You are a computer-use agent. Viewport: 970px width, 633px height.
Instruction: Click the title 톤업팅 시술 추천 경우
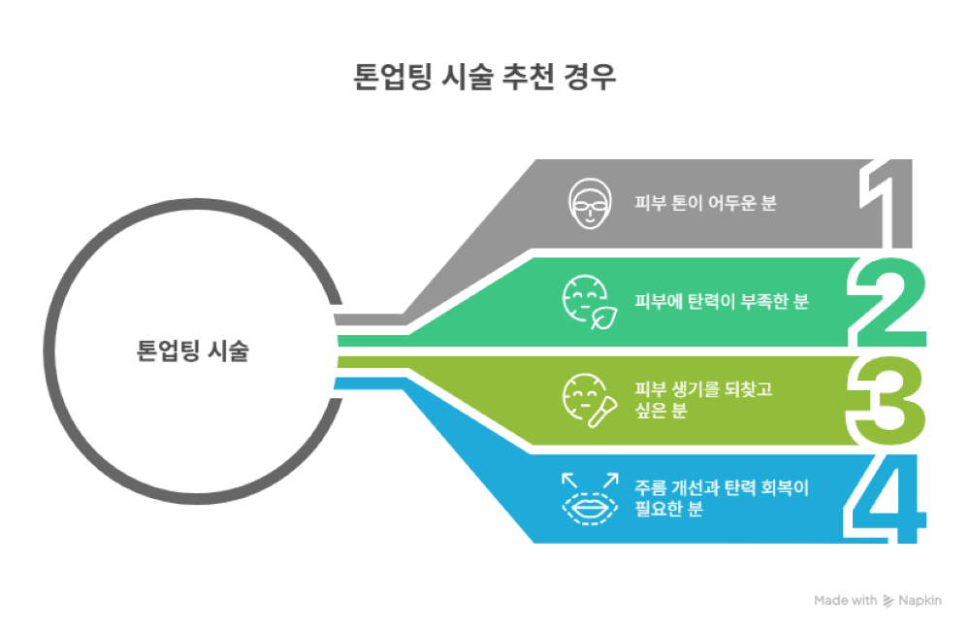tap(484, 79)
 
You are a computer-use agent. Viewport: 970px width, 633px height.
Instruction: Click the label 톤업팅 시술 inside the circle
tap(193, 350)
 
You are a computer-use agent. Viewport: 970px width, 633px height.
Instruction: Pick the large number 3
tap(886, 400)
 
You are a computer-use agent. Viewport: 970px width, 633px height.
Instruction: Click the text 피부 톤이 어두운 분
tap(705, 204)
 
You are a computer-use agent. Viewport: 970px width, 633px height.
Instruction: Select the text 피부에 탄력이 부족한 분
tap(721, 301)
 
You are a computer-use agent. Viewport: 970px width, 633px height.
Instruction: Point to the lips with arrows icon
tap(590, 498)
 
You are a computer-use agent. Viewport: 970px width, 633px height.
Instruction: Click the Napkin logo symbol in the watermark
tap(889, 601)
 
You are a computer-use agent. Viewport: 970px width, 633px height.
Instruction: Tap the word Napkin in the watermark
tap(921, 601)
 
